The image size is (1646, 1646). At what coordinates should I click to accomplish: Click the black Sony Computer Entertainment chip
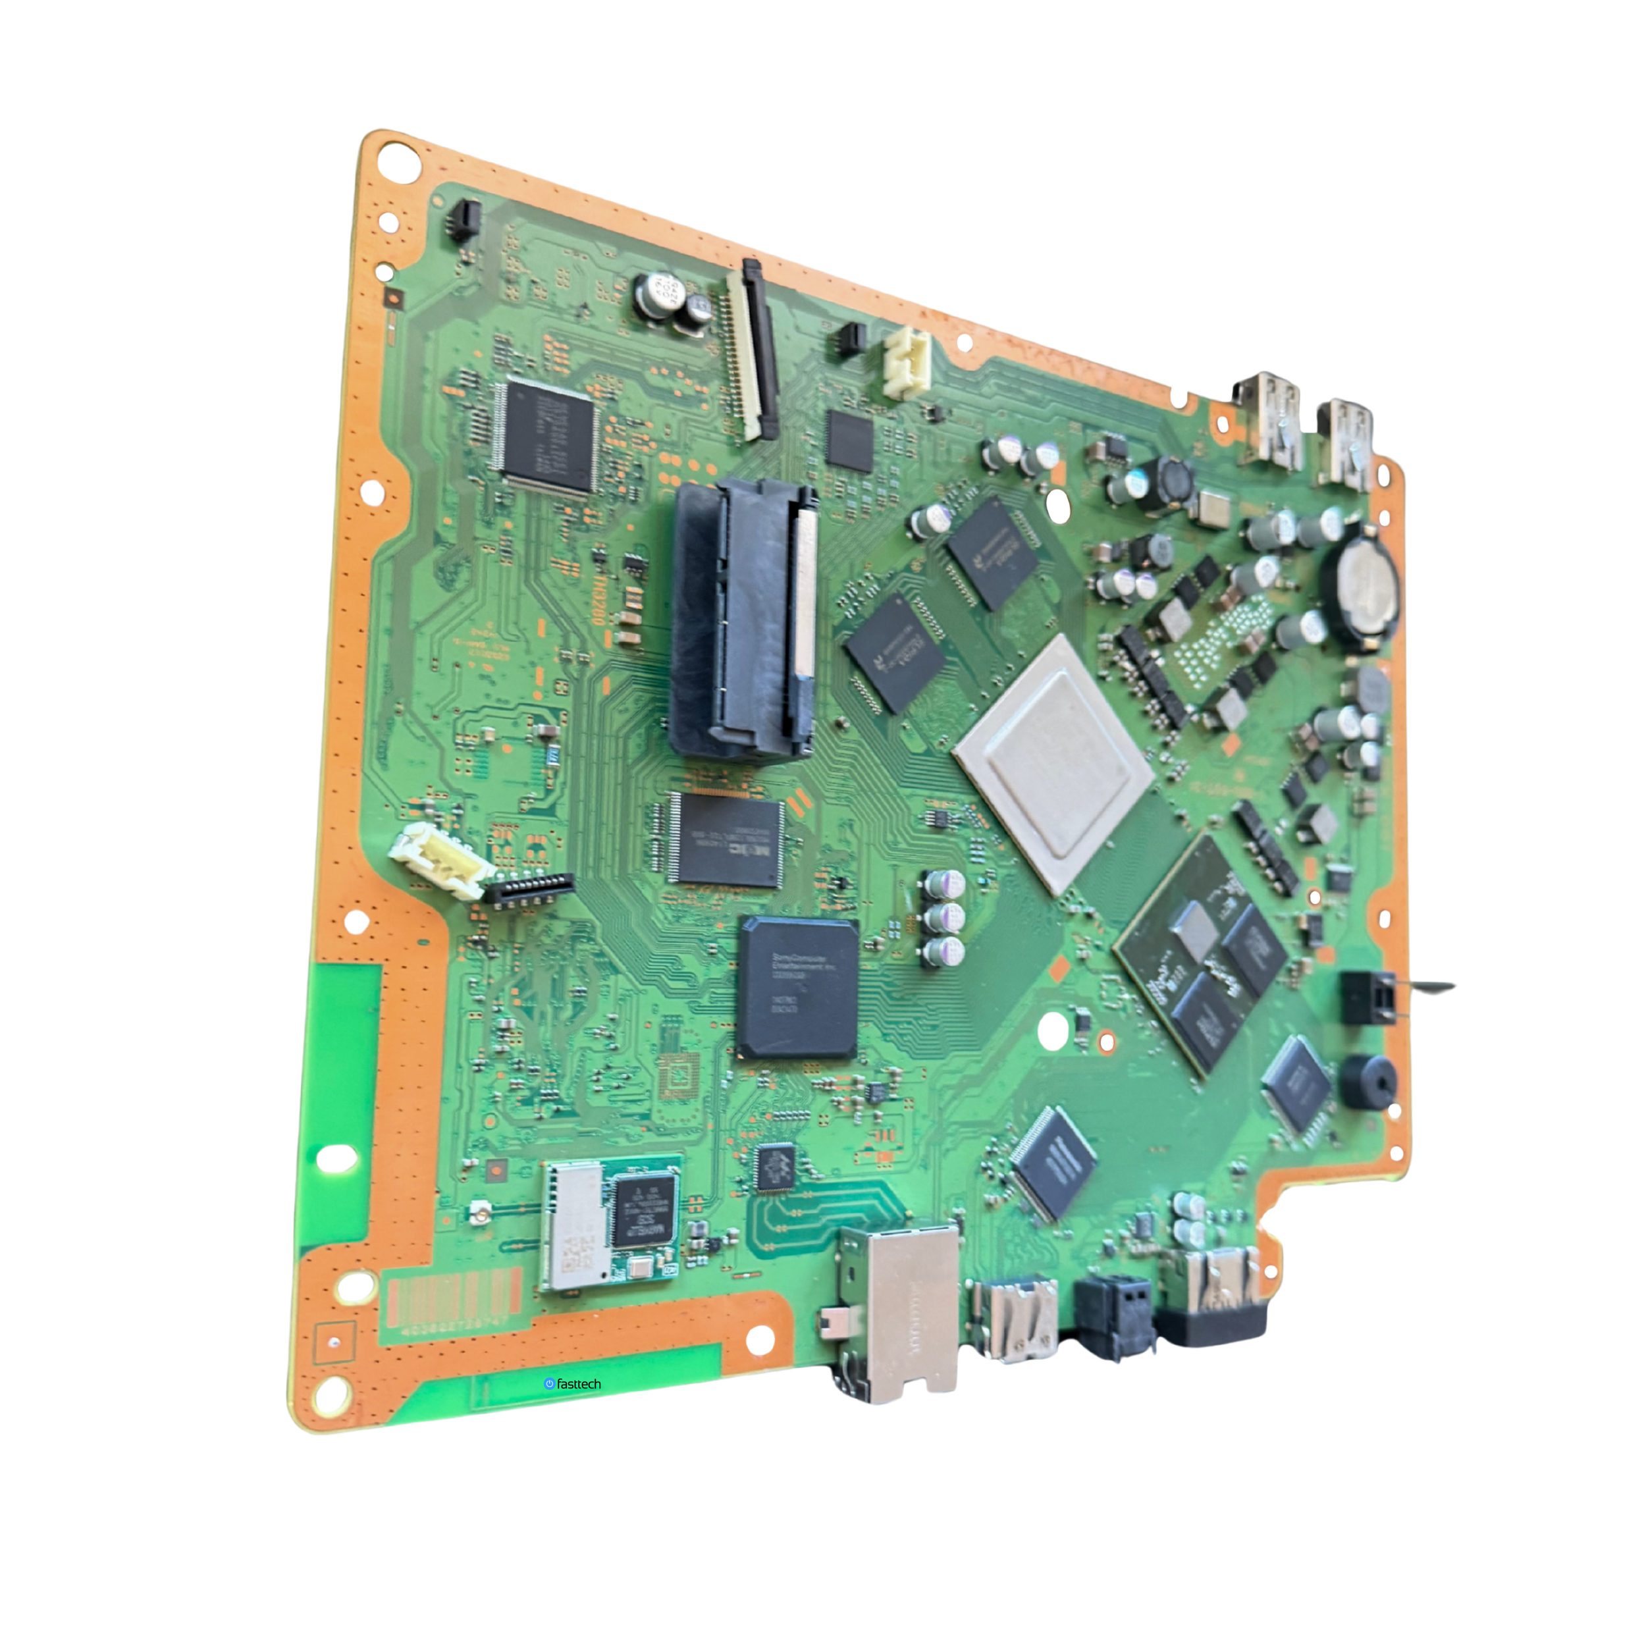pyautogui.click(x=797, y=988)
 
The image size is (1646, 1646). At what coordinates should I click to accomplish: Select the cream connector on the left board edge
pyautogui.click(x=438, y=861)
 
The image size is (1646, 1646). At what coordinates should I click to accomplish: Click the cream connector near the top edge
pyautogui.click(x=905, y=361)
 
